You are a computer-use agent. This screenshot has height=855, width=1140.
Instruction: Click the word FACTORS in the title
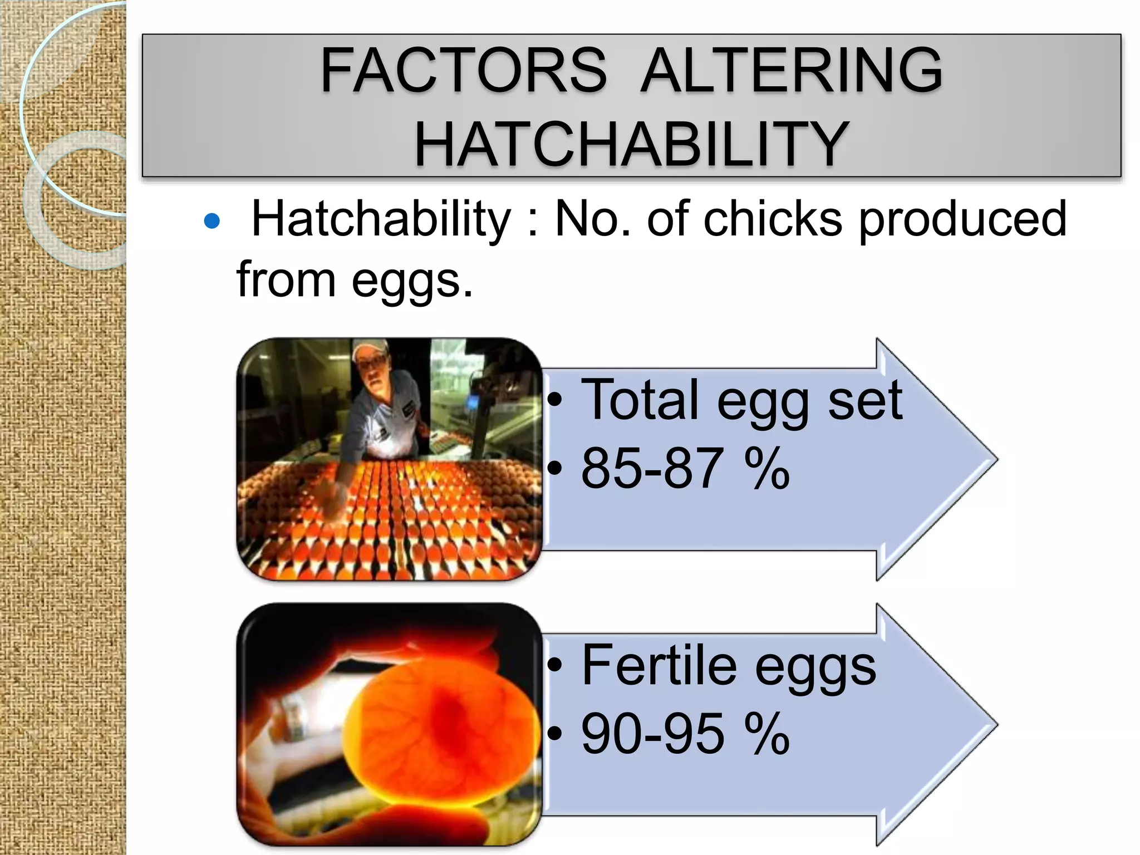463,71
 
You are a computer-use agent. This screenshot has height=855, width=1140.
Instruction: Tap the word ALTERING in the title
791,71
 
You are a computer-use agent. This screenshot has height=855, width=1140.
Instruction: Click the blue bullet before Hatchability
212,222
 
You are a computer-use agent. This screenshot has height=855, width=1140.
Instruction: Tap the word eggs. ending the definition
411,281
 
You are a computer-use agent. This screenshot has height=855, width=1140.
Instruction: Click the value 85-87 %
685,469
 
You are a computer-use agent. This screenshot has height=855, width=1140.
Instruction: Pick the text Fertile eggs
729,666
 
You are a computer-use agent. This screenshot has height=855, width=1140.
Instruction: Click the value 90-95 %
685,734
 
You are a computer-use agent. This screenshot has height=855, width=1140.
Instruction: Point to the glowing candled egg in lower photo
434,724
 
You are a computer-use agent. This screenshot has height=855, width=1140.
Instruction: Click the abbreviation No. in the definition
593,219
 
